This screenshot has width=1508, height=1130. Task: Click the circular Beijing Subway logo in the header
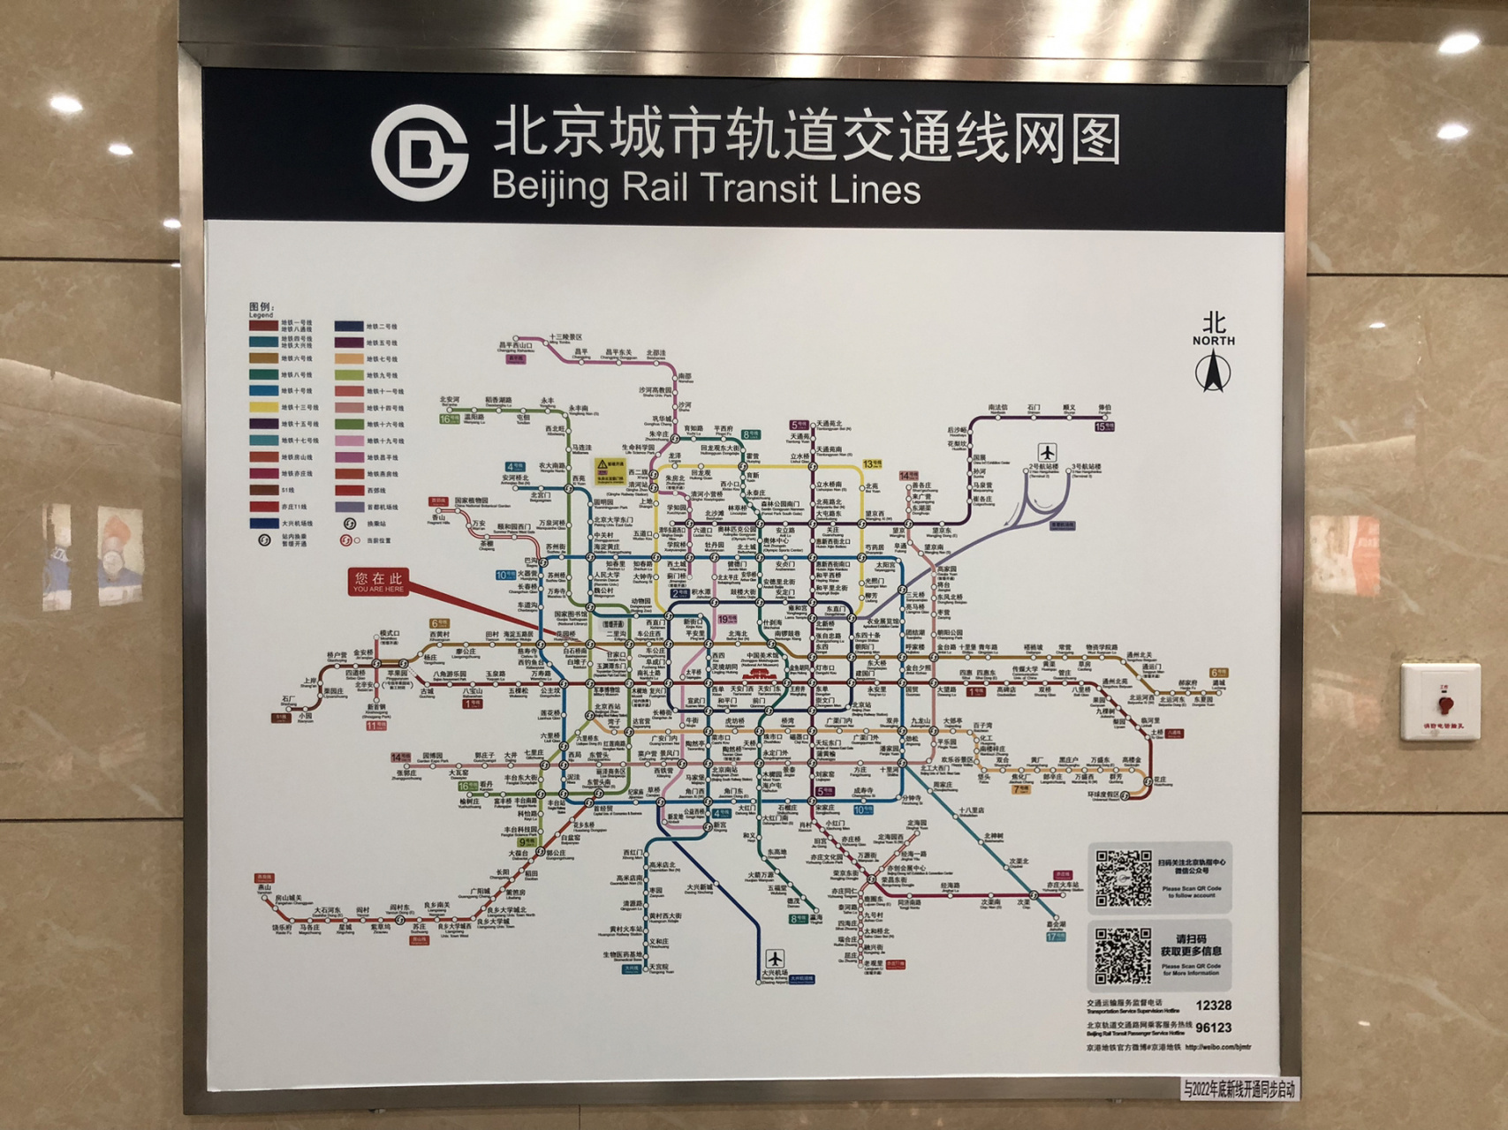click(419, 153)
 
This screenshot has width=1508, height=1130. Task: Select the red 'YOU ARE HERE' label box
click(378, 582)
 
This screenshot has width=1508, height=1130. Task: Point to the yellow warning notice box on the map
click(610, 471)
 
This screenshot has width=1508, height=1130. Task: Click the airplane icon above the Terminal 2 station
click(1048, 452)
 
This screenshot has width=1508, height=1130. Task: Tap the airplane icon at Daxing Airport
click(775, 958)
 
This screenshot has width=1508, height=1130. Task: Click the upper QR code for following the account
click(1123, 878)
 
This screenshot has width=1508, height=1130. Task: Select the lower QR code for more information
click(1123, 955)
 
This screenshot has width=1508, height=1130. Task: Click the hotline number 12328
click(1213, 1006)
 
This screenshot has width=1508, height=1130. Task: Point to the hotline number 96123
click(1213, 1028)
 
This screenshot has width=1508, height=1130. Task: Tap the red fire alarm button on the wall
click(1444, 704)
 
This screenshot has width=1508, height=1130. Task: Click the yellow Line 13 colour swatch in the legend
click(263, 408)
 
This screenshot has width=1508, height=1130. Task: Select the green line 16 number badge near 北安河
click(450, 419)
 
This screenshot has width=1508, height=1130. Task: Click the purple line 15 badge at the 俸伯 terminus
click(1104, 426)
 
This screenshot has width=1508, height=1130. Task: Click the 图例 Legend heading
click(261, 309)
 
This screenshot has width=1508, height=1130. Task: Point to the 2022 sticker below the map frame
click(1239, 1089)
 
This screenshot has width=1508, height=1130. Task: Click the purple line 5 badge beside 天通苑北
click(799, 425)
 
